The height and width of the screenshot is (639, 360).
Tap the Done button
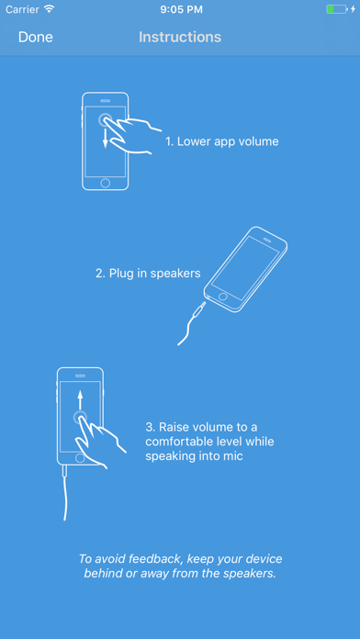point(36,37)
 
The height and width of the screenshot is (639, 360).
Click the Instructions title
point(180,37)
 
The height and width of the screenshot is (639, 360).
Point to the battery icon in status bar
point(336,9)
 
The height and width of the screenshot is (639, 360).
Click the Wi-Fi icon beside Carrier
point(50,9)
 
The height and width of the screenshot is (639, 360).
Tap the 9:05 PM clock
point(181,9)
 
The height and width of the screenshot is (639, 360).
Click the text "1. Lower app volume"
point(222,141)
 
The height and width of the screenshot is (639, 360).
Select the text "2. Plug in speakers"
point(148,273)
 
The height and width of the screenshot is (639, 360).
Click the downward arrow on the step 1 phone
point(106,138)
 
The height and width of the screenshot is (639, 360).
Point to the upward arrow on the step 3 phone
point(80,399)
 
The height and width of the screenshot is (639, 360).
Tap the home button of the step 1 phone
point(106,183)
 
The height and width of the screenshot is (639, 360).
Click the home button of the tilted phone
point(222,296)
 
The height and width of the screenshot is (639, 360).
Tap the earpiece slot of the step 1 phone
point(106,100)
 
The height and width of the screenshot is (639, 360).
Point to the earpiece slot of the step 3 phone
point(80,376)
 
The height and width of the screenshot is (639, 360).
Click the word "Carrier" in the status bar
point(22,9)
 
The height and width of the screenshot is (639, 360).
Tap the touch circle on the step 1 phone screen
point(106,119)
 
